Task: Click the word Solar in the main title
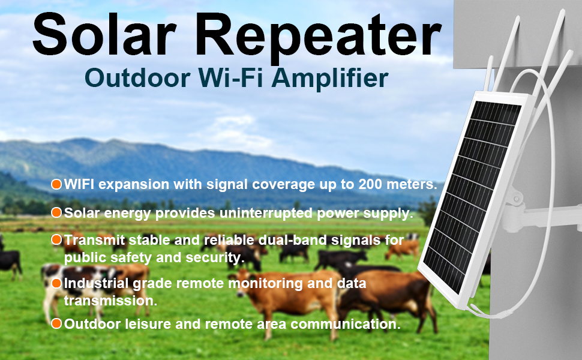(104, 35)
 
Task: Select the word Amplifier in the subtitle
(330, 79)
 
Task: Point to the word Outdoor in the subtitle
(138, 77)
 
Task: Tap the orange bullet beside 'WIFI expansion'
(56, 184)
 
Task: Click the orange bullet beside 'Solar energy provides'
(56, 212)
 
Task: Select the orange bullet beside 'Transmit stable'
(56, 240)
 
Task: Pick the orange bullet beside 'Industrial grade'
(56, 284)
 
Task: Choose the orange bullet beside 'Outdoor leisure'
(56, 323)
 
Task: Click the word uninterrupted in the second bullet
(266, 214)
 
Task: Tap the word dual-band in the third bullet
(287, 240)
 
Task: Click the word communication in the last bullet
(346, 324)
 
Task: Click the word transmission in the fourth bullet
(110, 301)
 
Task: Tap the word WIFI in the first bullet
(79, 184)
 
